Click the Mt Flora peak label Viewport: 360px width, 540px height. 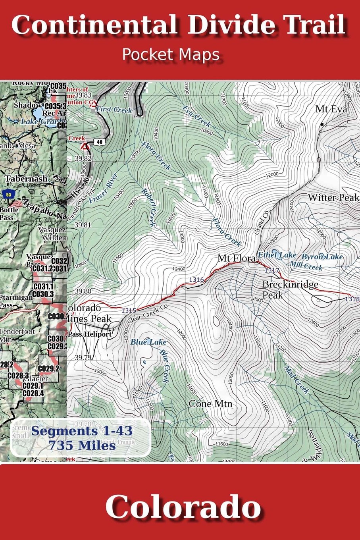click(237, 259)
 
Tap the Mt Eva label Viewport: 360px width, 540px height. click(331, 109)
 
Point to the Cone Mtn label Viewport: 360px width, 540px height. click(210, 404)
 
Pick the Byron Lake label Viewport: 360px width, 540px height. click(322, 257)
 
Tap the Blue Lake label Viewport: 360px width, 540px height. click(148, 342)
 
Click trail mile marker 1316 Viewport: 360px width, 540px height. click(196, 280)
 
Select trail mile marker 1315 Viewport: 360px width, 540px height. click(129, 310)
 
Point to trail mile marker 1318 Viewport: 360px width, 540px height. click(352, 299)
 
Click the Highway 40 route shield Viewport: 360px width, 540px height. click(99, 142)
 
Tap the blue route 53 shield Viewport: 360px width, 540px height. click(8, 195)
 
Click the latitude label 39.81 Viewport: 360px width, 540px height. click(83, 225)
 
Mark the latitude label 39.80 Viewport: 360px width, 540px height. click(83, 291)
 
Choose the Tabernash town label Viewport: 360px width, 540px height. click(26, 179)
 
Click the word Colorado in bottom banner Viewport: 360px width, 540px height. click(183, 507)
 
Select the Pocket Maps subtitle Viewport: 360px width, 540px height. click(171, 54)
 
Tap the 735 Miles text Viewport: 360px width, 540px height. click(82, 445)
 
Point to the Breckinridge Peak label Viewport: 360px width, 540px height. click(290, 289)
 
